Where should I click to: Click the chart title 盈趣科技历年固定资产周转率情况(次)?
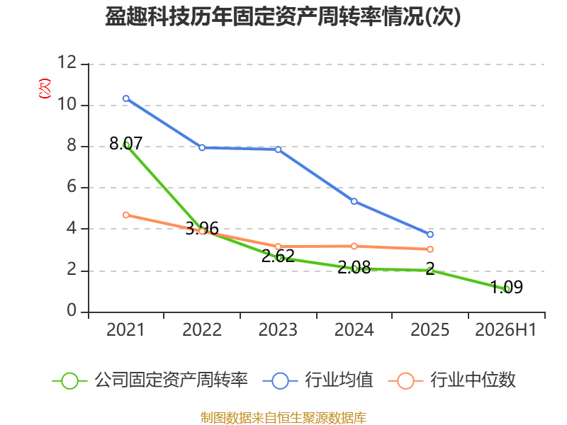point(283,16)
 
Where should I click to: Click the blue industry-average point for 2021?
point(126,98)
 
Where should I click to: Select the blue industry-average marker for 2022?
point(202,147)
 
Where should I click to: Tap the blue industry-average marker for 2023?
point(278,149)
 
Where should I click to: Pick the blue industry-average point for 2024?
point(354,201)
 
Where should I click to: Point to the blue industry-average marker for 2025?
point(430,234)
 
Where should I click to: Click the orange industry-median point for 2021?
point(126,215)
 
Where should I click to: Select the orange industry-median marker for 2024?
point(354,246)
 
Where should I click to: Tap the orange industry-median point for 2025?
point(430,249)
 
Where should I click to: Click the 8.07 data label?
point(126,144)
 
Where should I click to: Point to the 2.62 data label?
point(278,256)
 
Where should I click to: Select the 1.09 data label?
point(507,288)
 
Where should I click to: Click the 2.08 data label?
point(354,268)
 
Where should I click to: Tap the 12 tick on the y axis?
point(67,62)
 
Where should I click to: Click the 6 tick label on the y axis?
point(72,187)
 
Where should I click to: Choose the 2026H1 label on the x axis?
point(505,330)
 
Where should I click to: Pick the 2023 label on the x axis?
point(278,330)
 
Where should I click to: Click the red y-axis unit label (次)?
point(45,89)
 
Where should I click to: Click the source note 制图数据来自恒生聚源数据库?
point(283,418)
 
